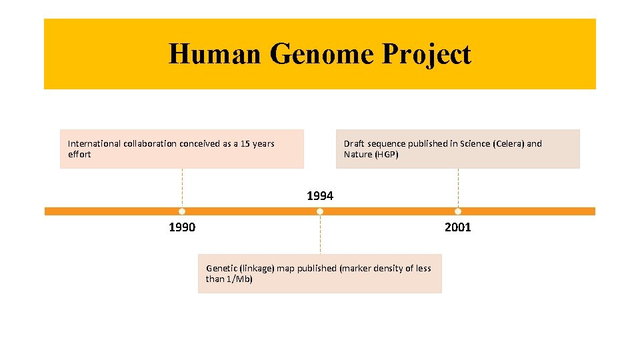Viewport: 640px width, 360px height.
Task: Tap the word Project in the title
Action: pyautogui.click(x=427, y=54)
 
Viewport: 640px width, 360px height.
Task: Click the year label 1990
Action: pyautogui.click(x=182, y=227)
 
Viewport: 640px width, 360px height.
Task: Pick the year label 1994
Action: pyautogui.click(x=320, y=196)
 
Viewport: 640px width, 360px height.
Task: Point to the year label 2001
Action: pyautogui.click(x=458, y=227)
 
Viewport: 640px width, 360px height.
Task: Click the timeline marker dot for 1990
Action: pyautogui.click(x=182, y=211)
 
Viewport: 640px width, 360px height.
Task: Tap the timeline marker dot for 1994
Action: pyautogui.click(x=320, y=211)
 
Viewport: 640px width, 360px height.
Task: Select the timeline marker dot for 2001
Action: pyautogui.click(x=458, y=211)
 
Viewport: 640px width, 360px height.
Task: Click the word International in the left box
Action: pyautogui.click(x=95, y=143)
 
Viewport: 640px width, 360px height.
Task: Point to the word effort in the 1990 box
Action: pyautogui.click(x=79, y=155)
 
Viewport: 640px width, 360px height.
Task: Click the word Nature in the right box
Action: pyautogui.click(x=358, y=155)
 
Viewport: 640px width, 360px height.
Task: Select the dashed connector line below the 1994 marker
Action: pyautogui.click(x=320, y=234)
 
